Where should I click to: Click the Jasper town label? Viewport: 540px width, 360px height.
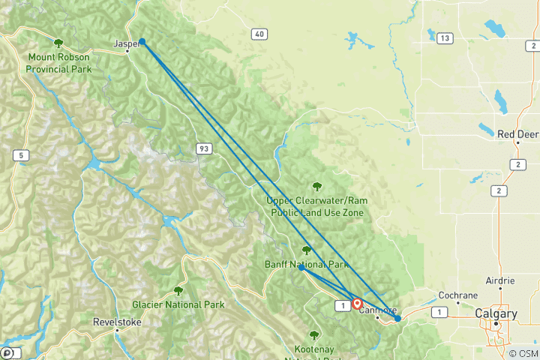(x=126, y=43)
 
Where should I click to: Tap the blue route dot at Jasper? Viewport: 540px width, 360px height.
(x=142, y=42)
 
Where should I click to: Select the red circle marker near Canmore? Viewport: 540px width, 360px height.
(x=357, y=304)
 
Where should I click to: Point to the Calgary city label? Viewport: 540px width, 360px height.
(x=496, y=313)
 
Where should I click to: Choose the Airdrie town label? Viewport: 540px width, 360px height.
(x=500, y=280)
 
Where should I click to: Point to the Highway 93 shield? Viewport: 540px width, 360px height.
(x=203, y=149)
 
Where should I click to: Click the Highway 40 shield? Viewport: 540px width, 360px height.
(x=259, y=34)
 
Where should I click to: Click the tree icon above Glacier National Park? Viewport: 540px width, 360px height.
(x=178, y=291)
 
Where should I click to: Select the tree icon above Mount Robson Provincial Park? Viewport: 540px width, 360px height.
(x=58, y=43)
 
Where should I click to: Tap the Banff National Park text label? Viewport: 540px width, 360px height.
(x=307, y=265)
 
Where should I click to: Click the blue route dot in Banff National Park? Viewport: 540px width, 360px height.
(x=301, y=268)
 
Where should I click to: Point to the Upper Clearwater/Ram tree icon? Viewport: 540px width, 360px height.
(x=316, y=187)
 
